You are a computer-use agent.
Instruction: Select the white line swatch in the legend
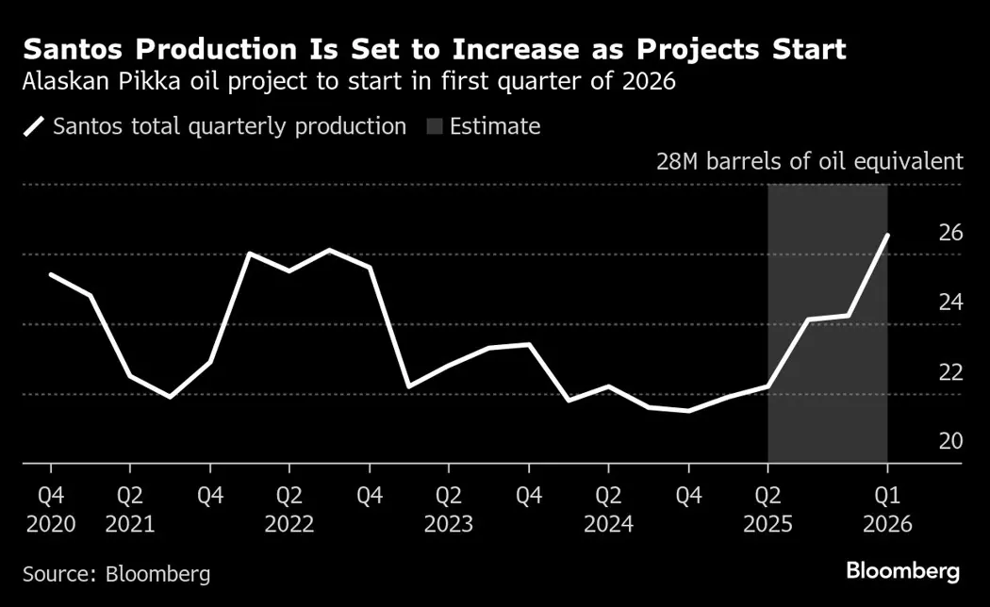pos(34,126)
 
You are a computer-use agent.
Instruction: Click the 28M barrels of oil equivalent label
pos(810,160)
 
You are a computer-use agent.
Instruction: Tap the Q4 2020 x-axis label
pos(50,509)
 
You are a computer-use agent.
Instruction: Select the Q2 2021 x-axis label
pos(130,509)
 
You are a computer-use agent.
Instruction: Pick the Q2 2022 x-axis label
pos(289,509)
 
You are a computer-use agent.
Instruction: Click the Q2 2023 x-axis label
pos(449,509)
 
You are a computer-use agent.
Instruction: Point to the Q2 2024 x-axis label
pos(608,509)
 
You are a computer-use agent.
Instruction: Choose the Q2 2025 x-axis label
pos(768,509)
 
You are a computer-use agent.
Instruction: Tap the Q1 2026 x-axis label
pos(887,509)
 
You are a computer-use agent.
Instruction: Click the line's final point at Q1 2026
pos(887,235)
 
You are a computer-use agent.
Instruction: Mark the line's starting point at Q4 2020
pos(50,274)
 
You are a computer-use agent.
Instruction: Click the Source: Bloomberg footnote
pos(116,573)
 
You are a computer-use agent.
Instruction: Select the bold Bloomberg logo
pos(902,570)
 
